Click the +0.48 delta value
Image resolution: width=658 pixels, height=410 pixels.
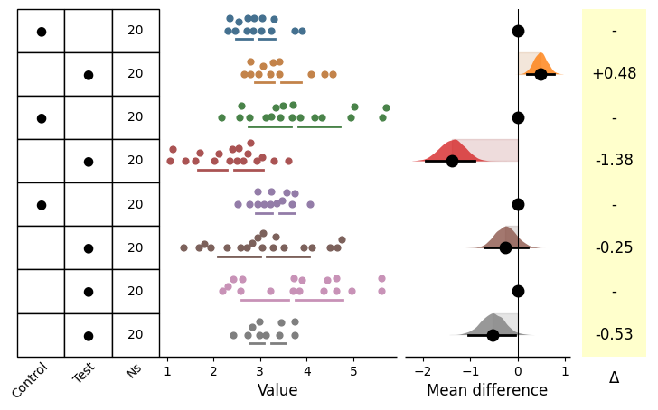coord(614,74)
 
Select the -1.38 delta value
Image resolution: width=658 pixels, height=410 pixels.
coord(614,161)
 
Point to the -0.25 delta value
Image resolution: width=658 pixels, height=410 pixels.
coord(614,247)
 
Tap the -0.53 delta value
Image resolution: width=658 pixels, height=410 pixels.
coord(614,334)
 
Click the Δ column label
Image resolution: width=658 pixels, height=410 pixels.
coord(614,378)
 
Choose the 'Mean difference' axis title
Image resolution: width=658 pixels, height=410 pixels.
coord(487,391)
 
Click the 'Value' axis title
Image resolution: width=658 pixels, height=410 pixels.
coord(277,391)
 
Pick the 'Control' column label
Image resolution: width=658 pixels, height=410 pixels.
coord(30,380)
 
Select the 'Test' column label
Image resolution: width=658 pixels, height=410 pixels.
coord(84,373)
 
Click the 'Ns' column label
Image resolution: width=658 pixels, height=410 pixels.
coord(134,370)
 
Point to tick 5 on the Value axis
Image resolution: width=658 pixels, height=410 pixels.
coord(353,369)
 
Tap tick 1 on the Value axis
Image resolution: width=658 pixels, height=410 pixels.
coord(166,369)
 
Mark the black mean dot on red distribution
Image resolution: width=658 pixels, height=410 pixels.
coord(452,161)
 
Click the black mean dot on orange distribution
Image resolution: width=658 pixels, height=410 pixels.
coord(540,74)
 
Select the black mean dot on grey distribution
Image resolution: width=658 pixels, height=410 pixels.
coord(493,335)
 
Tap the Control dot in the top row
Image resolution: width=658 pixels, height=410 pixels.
coord(41,32)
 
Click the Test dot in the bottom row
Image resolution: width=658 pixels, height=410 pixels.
coord(88,336)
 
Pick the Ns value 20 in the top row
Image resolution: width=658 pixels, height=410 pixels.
coord(136,31)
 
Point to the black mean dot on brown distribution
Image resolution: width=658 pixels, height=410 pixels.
coord(506,247)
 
